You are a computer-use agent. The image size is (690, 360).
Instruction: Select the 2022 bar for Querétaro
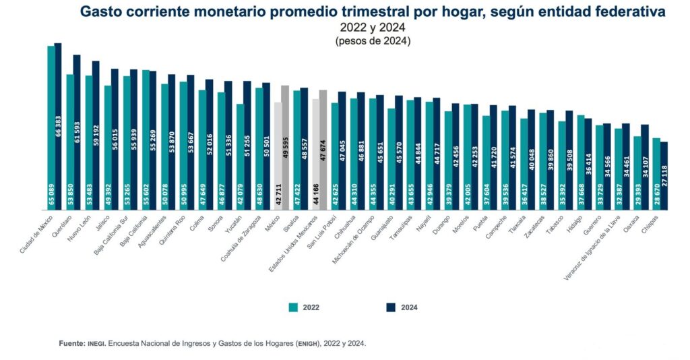tap(70, 142)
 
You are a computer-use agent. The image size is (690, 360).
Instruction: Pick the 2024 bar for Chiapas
tap(664, 176)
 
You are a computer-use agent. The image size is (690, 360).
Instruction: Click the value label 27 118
tap(664, 193)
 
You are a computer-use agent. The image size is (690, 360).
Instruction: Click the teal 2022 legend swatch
tap(293, 307)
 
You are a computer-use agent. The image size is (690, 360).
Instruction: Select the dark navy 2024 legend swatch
tap(390, 307)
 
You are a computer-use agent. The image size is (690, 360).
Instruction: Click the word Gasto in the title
tap(101, 11)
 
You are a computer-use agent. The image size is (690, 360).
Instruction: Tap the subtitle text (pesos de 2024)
tap(373, 40)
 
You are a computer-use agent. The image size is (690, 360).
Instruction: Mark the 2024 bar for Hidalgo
tap(588, 164)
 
